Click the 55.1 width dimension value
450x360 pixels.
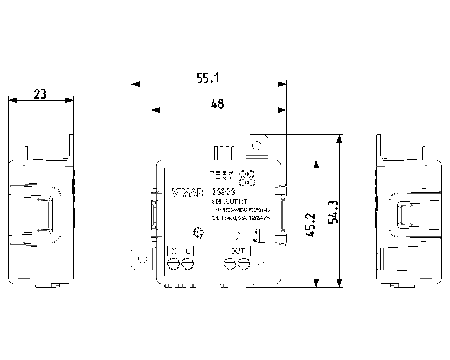208,78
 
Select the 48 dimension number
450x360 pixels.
217,104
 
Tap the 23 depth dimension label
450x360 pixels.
40,94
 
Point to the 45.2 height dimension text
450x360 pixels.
310,225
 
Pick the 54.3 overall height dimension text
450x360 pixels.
333,212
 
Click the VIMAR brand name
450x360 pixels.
188,193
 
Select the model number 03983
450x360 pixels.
223,192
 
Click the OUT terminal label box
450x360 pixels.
237,251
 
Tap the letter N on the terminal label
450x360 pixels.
174,251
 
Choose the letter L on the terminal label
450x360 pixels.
188,251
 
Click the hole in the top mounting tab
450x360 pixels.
257,145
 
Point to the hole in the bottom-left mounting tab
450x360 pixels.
142,259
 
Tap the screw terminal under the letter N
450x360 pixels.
174,264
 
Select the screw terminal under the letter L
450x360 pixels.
188,264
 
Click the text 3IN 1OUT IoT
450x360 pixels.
230,202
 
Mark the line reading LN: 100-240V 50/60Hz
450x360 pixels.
241,210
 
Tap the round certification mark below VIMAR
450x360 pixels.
198,232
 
